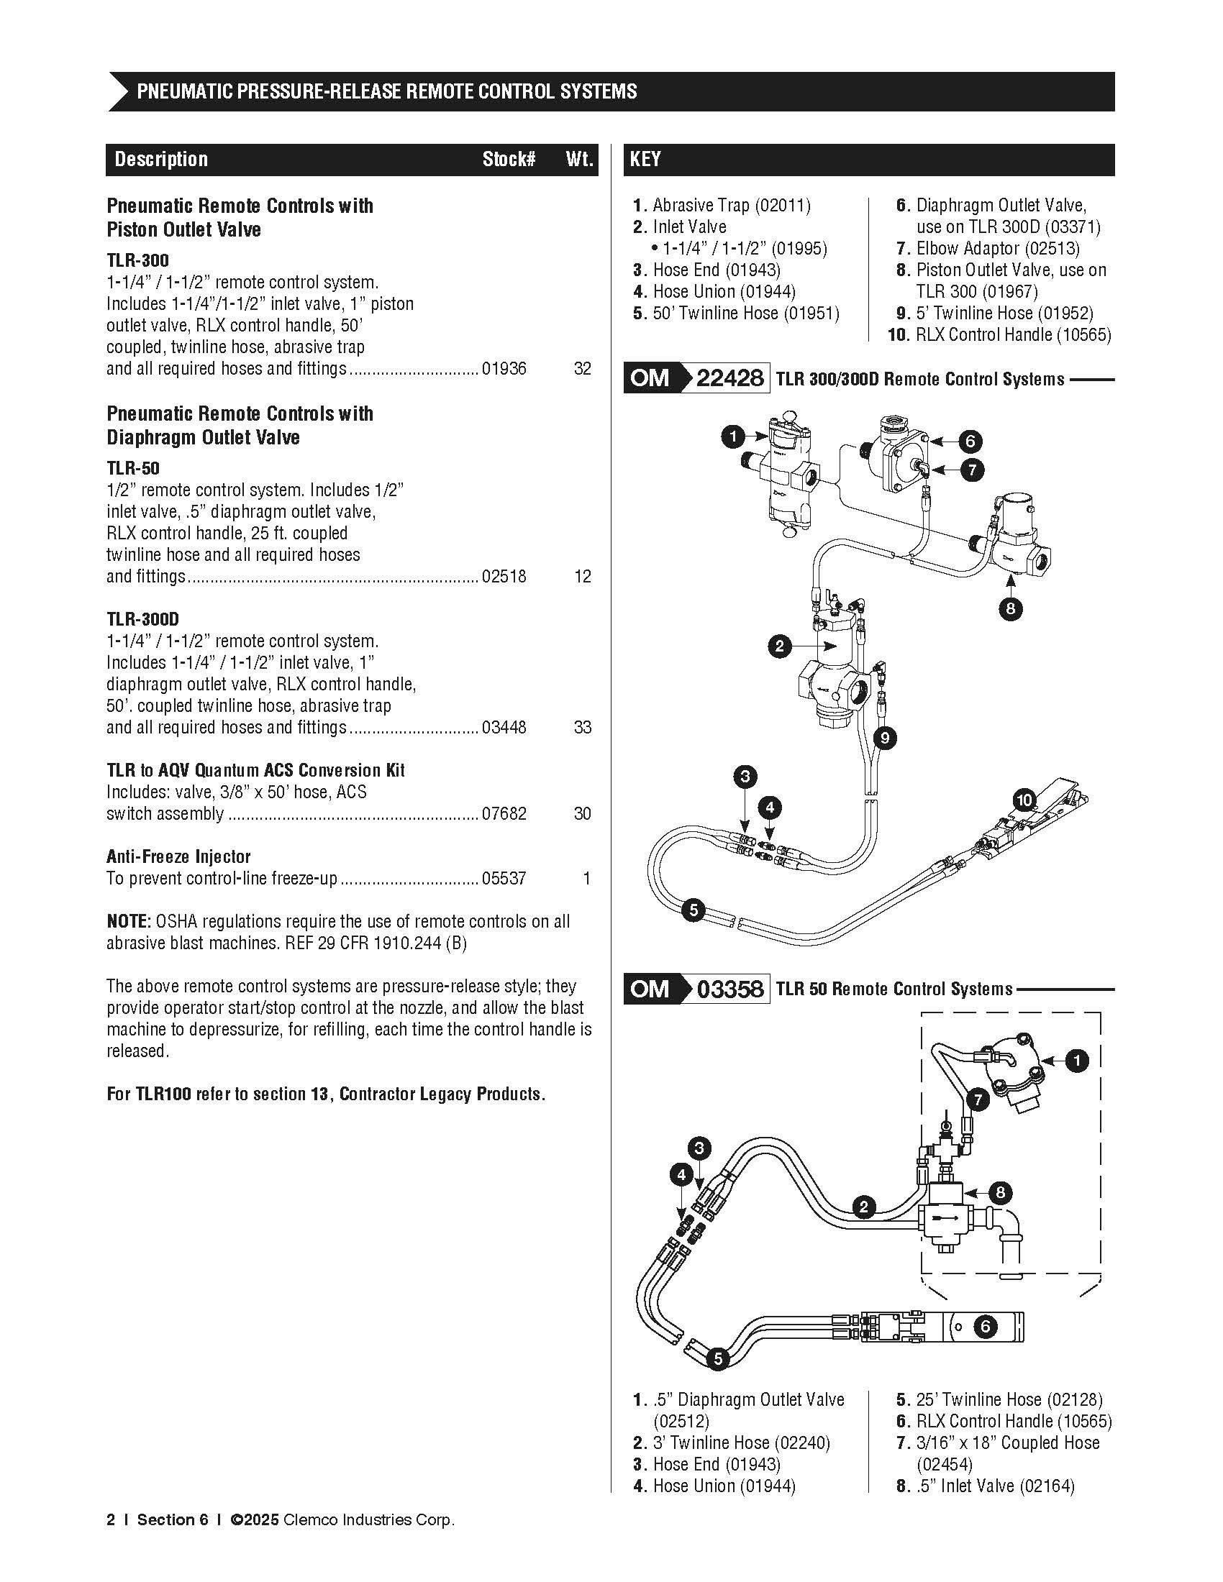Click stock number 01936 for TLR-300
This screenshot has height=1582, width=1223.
pyautogui.click(x=504, y=369)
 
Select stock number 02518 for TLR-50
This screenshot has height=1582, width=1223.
pyautogui.click(x=504, y=577)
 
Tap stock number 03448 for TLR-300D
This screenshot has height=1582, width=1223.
pyautogui.click(x=504, y=727)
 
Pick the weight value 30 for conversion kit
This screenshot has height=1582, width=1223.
pyautogui.click(x=583, y=813)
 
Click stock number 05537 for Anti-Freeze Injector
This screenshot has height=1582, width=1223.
pyautogui.click(x=504, y=879)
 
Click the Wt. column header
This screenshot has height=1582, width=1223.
pyautogui.click(x=580, y=160)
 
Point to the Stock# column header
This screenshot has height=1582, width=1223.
pyautogui.click(x=509, y=160)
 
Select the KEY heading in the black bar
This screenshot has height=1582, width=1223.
pyautogui.click(x=645, y=160)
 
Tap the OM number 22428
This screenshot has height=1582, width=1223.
pyautogui.click(x=729, y=378)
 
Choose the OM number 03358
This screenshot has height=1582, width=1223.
pyautogui.click(x=729, y=989)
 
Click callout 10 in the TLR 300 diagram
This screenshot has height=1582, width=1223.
pyautogui.click(x=1024, y=800)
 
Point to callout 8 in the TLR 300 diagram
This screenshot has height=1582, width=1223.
pyautogui.click(x=1011, y=609)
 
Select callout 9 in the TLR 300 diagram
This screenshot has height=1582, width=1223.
pyautogui.click(x=885, y=739)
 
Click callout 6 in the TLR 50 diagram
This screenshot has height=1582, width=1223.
pyautogui.click(x=986, y=1327)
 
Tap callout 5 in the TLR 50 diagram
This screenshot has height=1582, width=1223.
pyautogui.click(x=717, y=1359)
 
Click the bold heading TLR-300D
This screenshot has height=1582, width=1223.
pyautogui.click(x=142, y=619)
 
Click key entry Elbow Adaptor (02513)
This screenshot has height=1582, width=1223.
pyautogui.click(x=998, y=249)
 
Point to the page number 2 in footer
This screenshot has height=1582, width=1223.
pyautogui.click(x=111, y=1519)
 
